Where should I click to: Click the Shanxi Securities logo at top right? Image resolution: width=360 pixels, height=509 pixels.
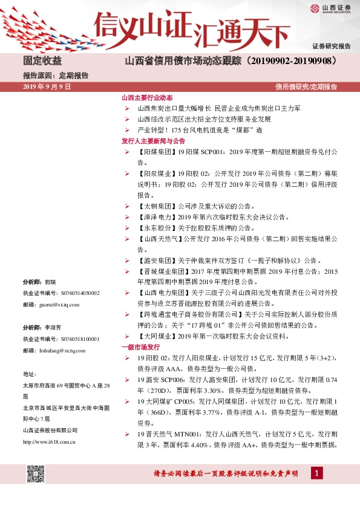point(330,8)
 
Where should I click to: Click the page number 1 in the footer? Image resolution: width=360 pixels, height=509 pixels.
point(315,473)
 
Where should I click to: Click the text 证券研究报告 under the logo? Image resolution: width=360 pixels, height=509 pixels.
point(331,46)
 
